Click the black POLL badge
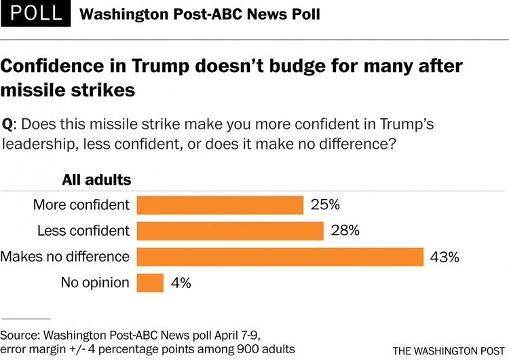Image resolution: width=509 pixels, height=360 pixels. click(35, 14)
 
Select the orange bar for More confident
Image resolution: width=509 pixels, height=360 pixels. click(220, 205)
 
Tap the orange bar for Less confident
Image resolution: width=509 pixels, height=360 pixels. click(230, 231)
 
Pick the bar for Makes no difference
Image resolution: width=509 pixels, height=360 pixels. click(280, 257)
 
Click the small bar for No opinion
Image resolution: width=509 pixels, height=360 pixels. click(150, 283)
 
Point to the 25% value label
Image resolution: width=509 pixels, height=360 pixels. click(325, 205)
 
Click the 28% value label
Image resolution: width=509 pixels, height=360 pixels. click(345, 231)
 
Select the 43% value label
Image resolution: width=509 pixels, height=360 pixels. click(445, 257)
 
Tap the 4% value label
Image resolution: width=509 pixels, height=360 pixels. click(181, 283)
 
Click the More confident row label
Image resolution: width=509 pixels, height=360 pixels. click(81, 205)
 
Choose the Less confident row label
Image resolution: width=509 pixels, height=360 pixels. click(83, 231)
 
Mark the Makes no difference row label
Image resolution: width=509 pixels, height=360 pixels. click(65, 257)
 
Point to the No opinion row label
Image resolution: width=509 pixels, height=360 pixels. click(95, 283)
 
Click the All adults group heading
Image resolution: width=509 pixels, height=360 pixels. click(96, 180)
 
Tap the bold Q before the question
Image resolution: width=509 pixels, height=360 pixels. click(7, 125)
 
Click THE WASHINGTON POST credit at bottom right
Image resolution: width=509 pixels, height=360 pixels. click(449, 350)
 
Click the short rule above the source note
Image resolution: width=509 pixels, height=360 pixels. click(26, 318)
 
